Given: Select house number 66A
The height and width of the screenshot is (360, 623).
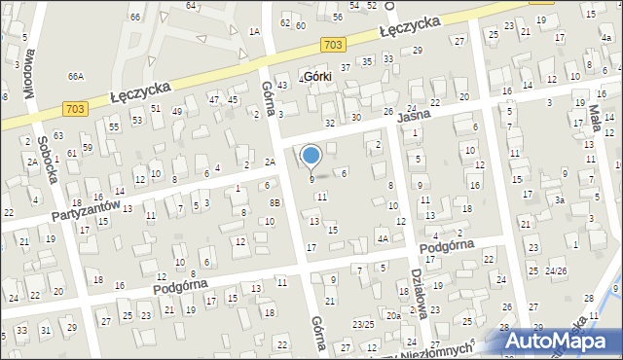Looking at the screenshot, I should (76, 76).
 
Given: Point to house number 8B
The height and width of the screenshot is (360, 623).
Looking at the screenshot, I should (275, 202).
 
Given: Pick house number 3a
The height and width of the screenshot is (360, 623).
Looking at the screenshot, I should (560, 199).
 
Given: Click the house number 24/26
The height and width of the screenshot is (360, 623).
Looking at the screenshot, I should (557, 270).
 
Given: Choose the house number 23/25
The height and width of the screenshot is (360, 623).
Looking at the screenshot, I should (363, 323).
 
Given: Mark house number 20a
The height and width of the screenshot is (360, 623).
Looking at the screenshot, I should (393, 315).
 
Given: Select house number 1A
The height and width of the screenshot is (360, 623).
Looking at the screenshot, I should (254, 32).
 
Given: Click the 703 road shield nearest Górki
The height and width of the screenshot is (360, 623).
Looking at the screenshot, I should (332, 45).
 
